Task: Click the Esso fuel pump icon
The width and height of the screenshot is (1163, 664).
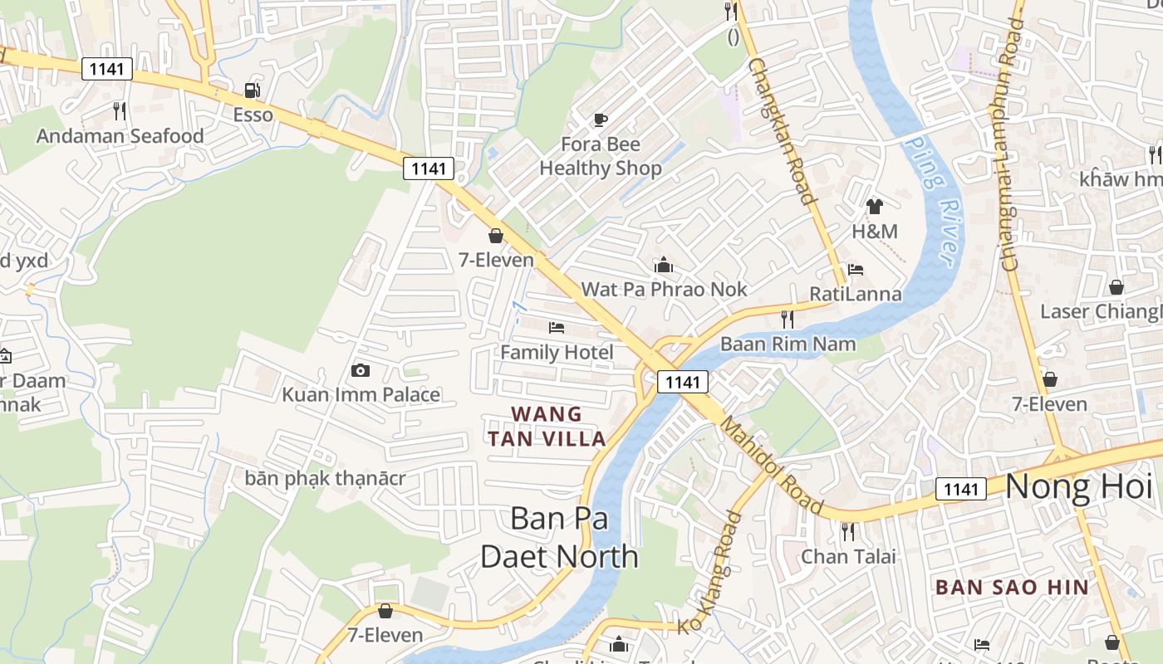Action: (x=251, y=90)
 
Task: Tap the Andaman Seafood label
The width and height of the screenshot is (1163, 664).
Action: (x=120, y=136)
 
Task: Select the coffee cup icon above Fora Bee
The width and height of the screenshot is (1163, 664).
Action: (x=600, y=120)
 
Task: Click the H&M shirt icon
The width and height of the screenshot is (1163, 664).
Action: (x=874, y=207)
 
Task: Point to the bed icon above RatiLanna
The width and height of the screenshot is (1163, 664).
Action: (x=856, y=270)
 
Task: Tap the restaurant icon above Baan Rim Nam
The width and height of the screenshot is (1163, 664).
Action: (x=788, y=319)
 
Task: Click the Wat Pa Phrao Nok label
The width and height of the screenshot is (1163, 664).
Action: (x=664, y=289)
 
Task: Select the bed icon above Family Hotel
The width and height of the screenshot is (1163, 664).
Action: (x=557, y=328)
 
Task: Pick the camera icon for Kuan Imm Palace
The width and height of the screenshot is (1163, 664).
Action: (x=361, y=370)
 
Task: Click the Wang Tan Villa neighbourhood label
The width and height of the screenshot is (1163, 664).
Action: (x=547, y=426)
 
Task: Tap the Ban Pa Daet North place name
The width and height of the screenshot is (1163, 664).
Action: (x=559, y=537)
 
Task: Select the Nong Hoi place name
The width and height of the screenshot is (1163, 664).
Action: (x=1079, y=487)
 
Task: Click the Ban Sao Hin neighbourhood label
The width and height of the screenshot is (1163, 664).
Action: (x=1012, y=588)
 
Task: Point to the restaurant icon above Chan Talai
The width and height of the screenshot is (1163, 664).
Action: (x=847, y=531)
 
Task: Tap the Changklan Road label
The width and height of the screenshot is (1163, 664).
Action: (x=780, y=130)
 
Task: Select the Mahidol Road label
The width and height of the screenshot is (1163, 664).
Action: (x=771, y=466)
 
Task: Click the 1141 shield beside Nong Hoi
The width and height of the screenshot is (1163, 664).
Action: (x=961, y=489)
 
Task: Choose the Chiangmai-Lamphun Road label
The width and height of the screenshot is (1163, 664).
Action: (x=1011, y=144)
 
